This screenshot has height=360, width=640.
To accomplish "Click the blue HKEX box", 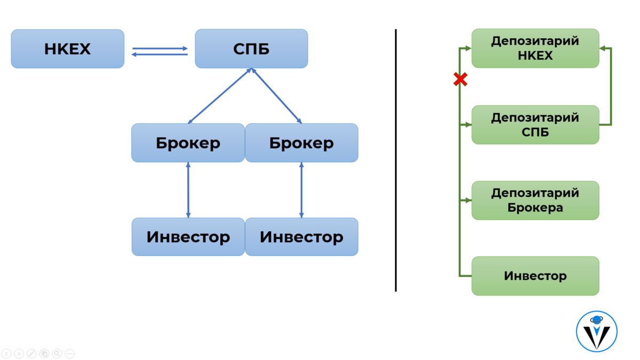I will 68,49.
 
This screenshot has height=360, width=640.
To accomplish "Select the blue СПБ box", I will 251,49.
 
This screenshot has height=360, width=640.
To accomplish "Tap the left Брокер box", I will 188,143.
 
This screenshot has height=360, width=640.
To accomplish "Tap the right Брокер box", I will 301,143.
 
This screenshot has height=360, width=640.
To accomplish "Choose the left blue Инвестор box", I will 188,237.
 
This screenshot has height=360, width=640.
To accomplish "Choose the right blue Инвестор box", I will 301,237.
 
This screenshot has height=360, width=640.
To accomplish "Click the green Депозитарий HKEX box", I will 535,49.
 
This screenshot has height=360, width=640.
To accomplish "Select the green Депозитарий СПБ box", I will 535,125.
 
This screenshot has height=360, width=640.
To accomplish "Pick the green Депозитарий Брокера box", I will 535,201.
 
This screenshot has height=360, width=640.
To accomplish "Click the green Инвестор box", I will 535,276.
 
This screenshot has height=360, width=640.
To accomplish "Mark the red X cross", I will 460,80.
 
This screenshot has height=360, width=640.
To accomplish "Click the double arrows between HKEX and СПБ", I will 160,51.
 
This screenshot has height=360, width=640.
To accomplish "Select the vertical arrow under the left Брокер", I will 188,190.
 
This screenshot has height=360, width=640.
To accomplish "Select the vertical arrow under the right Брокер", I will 301,190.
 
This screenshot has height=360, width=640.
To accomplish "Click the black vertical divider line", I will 396,160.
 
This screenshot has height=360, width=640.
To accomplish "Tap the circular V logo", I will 596,331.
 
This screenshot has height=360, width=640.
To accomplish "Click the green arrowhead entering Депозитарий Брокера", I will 468,201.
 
